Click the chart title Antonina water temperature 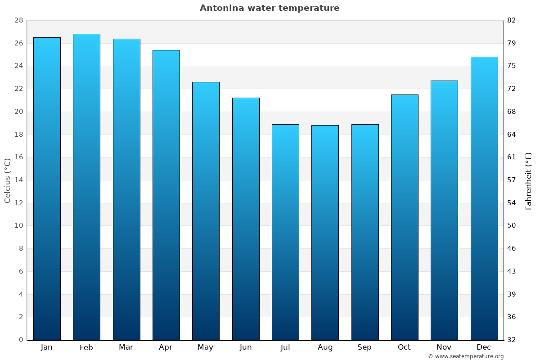click(x=270, y=8)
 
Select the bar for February click(x=86, y=187)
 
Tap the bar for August click(x=325, y=232)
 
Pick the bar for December click(x=484, y=198)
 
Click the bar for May click(x=206, y=211)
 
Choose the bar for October click(x=405, y=217)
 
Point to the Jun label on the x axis click(x=246, y=347)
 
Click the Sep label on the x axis click(x=364, y=347)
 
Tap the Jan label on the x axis click(x=47, y=347)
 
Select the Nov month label click(x=444, y=347)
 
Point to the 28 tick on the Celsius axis click(x=18, y=21)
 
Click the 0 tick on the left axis click(x=21, y=340)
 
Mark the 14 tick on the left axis click(x=18, y=180)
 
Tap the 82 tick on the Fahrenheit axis click(x=512, y=21)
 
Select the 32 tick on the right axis click(x=512, y=340)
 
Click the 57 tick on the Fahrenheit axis click(x=512, y=180)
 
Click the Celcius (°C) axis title click(x=7, y=180)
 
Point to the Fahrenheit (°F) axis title click(x=529, y=180)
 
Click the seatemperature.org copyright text click(x=466, y=356)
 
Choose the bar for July click(x=285, y=232)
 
